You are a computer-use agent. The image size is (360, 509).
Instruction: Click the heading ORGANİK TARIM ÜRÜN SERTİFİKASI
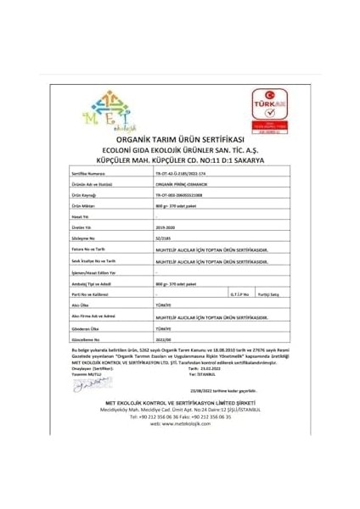pyautogui.click(x=179, y=138)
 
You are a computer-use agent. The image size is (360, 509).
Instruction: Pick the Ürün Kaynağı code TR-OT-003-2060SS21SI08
pyautogui.click(x=179, y=193)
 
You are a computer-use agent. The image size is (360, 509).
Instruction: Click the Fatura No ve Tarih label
pyautogui.click(x=93, y=249)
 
